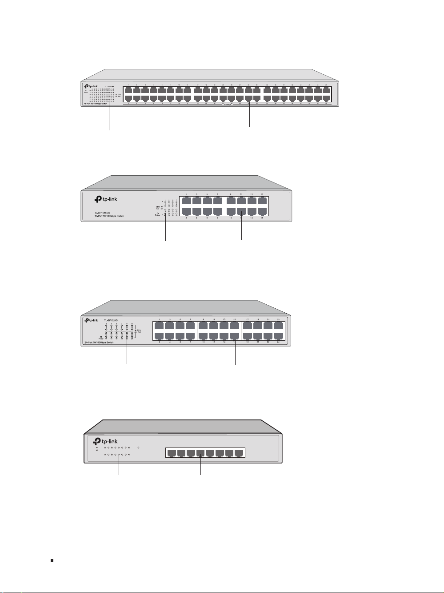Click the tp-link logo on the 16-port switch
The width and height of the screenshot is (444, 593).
(104, 200)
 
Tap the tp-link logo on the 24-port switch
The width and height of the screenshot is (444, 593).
(92, 320)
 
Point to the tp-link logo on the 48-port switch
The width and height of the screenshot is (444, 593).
(91, 86)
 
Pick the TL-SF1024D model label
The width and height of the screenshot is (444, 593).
(112, 320)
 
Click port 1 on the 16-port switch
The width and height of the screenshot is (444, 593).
(187, 201)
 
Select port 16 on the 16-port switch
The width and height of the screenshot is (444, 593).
(263, 211)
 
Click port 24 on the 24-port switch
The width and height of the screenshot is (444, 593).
(279, 337)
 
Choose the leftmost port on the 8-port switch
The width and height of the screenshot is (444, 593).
(171, 454)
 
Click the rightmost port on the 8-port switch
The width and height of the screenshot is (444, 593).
(239, 454)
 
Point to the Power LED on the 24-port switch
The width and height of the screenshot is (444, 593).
(101, 337)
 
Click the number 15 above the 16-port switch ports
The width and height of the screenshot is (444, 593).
(262, 194)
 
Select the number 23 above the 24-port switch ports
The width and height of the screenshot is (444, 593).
(279, 319)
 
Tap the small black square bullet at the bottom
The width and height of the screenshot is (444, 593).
(52, 561)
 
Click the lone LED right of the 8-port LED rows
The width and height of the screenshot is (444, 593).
(139, 448)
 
